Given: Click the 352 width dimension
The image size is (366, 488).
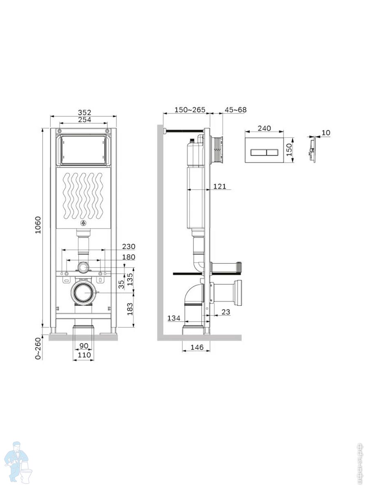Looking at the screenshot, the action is coord(85,113).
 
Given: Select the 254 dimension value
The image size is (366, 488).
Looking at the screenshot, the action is coord(85,120).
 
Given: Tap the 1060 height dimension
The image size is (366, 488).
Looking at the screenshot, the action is coord(38,225).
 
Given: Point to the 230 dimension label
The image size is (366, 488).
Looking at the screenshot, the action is coord(129,246).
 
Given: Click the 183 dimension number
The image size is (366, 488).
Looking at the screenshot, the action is coord(130,309).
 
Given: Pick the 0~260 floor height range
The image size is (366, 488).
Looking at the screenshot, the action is coord(38,349).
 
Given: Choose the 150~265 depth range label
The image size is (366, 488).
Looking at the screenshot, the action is coord(190,110).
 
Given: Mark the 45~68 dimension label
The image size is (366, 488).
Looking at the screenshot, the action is coord(235,110).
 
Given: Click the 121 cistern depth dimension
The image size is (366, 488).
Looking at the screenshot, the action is coord(220,186).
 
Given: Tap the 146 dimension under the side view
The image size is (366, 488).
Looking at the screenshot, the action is coord(197,347).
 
